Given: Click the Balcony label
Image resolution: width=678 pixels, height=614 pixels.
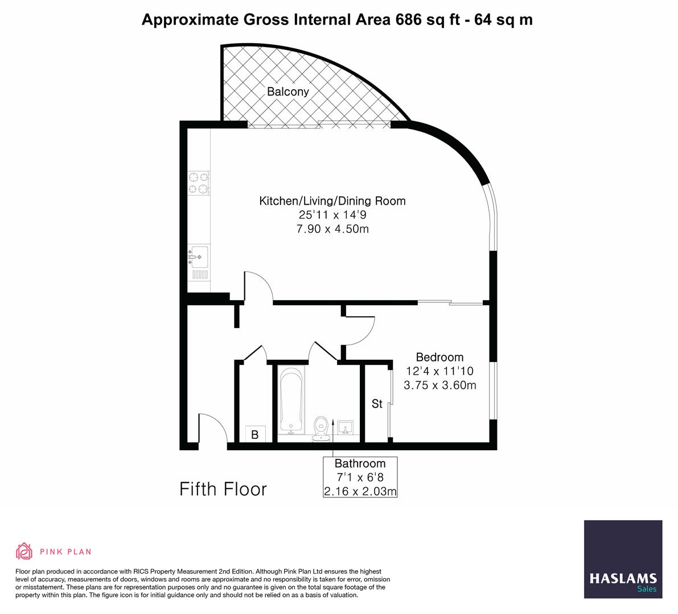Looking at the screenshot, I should pos(288,92).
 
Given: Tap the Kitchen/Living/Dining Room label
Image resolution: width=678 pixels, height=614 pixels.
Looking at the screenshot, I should pos(332,201).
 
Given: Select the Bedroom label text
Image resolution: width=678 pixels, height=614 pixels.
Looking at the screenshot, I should pos(439,357).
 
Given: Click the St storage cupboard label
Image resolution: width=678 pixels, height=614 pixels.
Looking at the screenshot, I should pos(377,404).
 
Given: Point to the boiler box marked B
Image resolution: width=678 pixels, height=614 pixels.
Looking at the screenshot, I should pos(255,435).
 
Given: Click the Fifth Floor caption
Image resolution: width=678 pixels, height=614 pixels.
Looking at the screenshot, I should pos(223,489).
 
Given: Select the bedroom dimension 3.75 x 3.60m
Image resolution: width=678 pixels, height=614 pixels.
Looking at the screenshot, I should pos(439,385).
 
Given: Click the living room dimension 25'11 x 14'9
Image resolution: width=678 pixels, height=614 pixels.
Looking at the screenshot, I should pos(332,215).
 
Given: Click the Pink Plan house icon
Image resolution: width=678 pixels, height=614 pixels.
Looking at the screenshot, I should pos(24,551).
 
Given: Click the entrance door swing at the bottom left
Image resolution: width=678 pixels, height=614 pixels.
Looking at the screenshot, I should pos(212,429).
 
